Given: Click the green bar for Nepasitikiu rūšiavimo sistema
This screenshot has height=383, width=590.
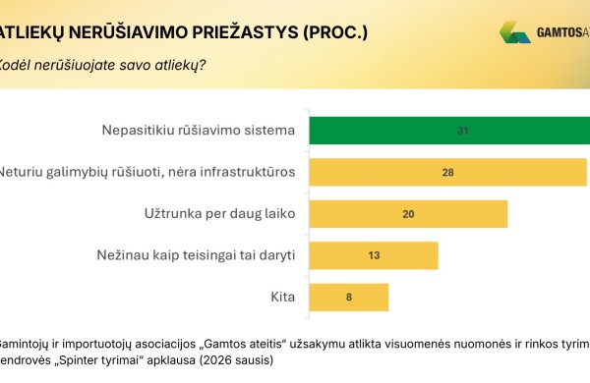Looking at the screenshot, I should coord(449,131).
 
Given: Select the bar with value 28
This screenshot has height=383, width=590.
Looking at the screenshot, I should coord(449,173).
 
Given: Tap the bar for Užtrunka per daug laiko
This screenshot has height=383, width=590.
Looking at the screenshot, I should coord(408,214).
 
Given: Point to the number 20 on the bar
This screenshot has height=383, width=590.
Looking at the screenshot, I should coord(408,214).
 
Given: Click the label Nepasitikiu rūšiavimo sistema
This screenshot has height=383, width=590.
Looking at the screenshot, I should coord(200,131).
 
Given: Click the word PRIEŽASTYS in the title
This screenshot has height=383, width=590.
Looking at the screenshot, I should coord(230,31).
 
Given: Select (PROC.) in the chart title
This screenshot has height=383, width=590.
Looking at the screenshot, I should coord(333,31).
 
